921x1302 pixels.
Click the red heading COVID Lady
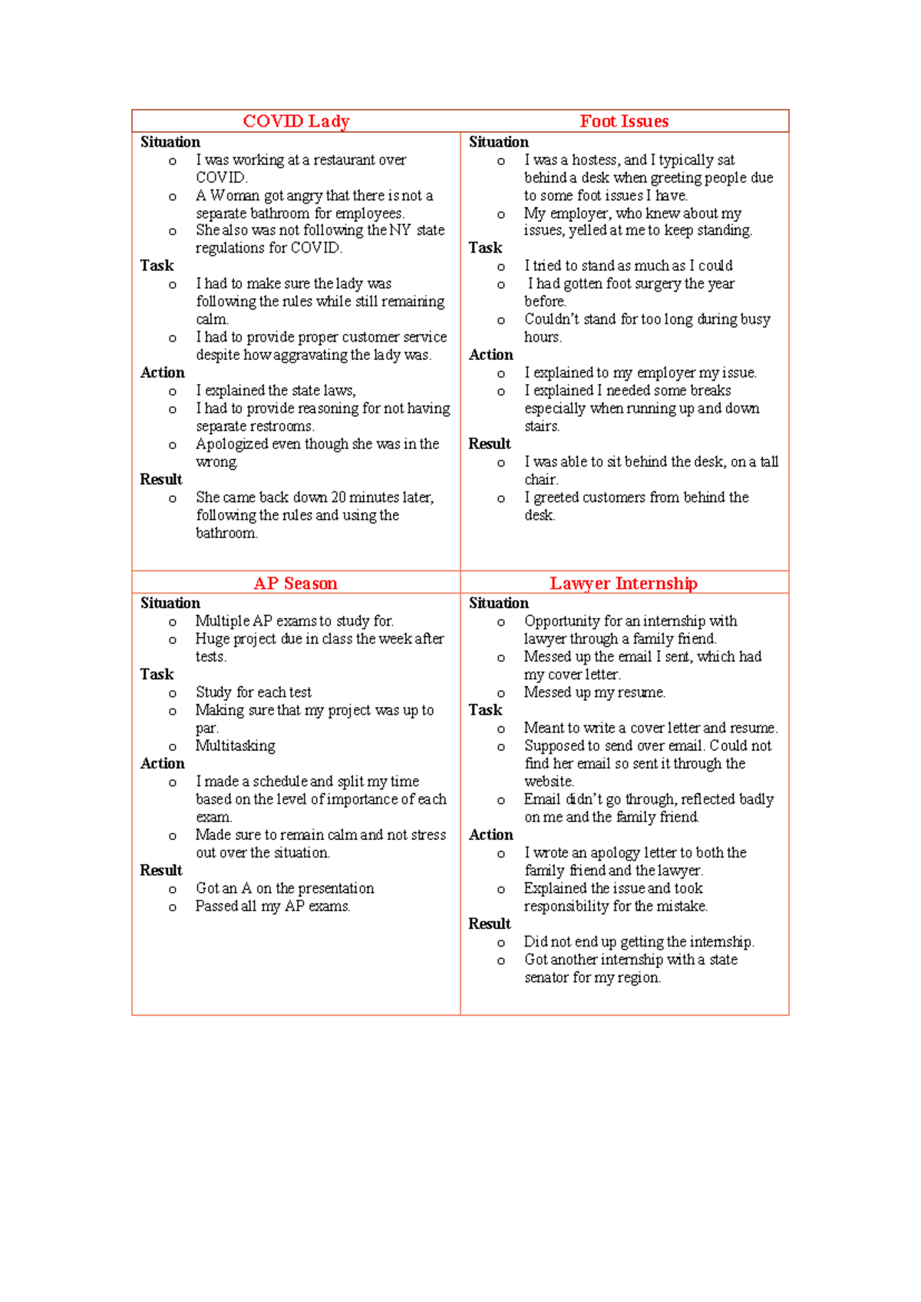point(295,121)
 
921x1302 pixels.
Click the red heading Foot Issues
point(623,121)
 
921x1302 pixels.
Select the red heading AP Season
point(295,583)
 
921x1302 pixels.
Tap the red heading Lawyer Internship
point(623,583)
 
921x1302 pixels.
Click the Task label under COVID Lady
point(157,266)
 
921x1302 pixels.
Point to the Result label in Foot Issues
point(489,444)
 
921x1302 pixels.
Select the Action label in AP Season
point(162,764)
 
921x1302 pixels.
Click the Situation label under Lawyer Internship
point(498,603)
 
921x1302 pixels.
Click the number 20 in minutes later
point(338,497)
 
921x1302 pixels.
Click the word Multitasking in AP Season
point(235,746)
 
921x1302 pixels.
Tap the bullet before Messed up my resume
point(500,693)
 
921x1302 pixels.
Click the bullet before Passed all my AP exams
point(172,907)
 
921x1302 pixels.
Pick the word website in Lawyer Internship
point(549,782)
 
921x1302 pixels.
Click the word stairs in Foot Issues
point(541,426)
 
